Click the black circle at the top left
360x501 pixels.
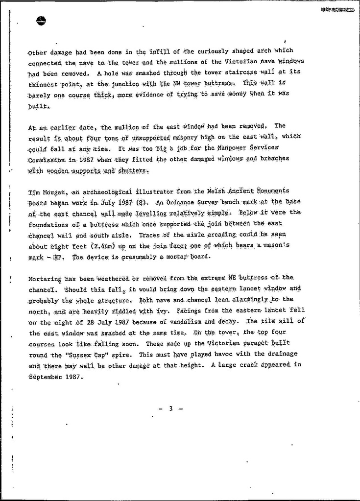coord(41,21)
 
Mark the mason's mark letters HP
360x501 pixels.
coord(59,257)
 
